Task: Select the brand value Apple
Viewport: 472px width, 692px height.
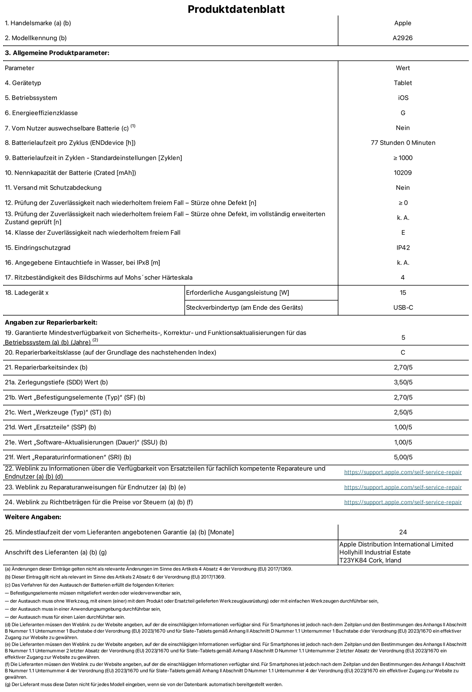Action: [x=402, y=23]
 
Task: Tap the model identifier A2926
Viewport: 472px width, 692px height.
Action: [x=402, y=38]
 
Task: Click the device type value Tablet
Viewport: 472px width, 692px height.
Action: [x=402, y=83]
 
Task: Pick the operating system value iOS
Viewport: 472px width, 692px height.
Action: [x=403, y=98]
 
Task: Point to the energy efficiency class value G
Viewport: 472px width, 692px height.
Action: [x=403, y=113]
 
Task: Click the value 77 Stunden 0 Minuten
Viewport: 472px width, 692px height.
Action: [x=403, y=143]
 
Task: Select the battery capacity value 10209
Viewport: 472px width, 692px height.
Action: [x=403, y=173]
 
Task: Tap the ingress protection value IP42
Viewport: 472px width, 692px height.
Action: [x=403, y=247]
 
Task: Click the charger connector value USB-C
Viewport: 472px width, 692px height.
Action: [x=403, y=308]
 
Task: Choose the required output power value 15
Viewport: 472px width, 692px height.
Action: [x=403, y=293]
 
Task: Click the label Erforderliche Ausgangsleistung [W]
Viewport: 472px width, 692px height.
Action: [x=237, y=293]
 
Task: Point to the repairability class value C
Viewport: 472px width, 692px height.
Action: [x=403, y=352]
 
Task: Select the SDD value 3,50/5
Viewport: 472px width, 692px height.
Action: [x=403, y=382]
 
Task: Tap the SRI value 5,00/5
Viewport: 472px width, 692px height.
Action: [x=403, y=457]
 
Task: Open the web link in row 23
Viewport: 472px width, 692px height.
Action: [x=403, y=487]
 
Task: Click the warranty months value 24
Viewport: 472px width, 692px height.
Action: [x=403, y=532]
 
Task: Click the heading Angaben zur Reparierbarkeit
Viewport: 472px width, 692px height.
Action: [x=51, y=323]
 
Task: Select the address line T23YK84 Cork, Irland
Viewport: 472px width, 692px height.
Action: [x=370, y=560]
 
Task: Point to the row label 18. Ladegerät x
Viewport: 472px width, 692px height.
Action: [x=27, y=293]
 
